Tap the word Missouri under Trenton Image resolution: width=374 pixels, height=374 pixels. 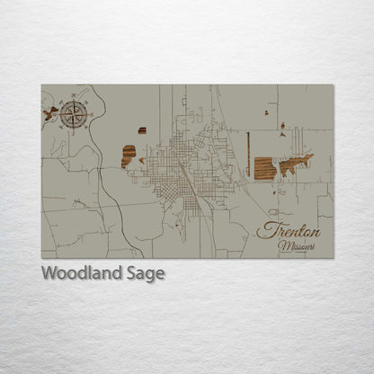pos(296,245)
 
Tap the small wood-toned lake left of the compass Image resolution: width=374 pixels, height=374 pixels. pos(50,113)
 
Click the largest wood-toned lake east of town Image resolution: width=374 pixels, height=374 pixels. pos(296,165)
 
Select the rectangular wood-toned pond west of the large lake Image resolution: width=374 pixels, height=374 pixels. pos(264,168)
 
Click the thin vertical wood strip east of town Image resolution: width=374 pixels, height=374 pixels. pos(247,155)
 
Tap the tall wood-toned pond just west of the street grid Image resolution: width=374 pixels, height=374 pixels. pos(129,156)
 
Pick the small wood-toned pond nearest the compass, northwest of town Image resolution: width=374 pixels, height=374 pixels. pos(142,130)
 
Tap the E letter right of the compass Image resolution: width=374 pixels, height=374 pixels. pos(93,113)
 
